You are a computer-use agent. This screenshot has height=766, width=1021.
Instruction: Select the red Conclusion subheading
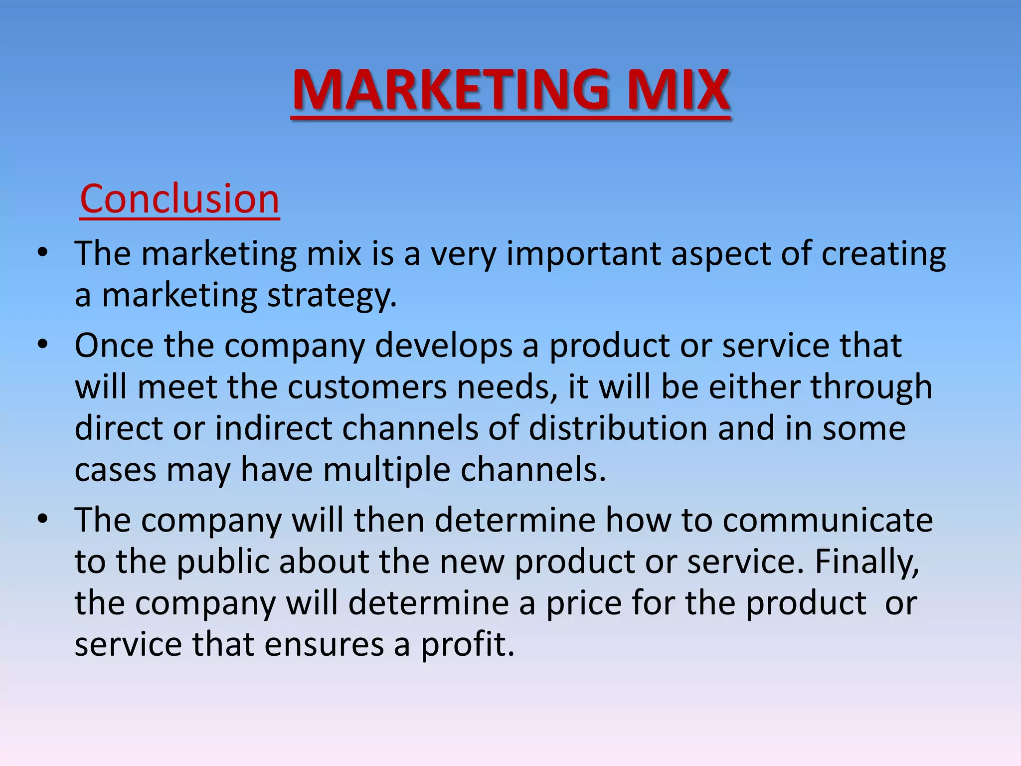click(179, 198)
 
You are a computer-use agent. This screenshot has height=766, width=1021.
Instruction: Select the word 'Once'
click(114, 345)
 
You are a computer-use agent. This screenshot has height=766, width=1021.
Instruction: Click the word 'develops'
click(443, 346)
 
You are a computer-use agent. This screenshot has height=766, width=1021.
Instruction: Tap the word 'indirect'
click(273, 428)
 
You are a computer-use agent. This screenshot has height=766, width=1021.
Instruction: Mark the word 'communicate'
click(827, 520)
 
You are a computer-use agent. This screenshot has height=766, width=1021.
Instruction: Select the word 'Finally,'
click(867, 563)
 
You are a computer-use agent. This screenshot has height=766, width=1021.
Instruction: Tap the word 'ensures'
click(324, 645)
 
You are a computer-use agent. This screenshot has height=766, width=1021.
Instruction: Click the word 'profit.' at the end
click(468, 645)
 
